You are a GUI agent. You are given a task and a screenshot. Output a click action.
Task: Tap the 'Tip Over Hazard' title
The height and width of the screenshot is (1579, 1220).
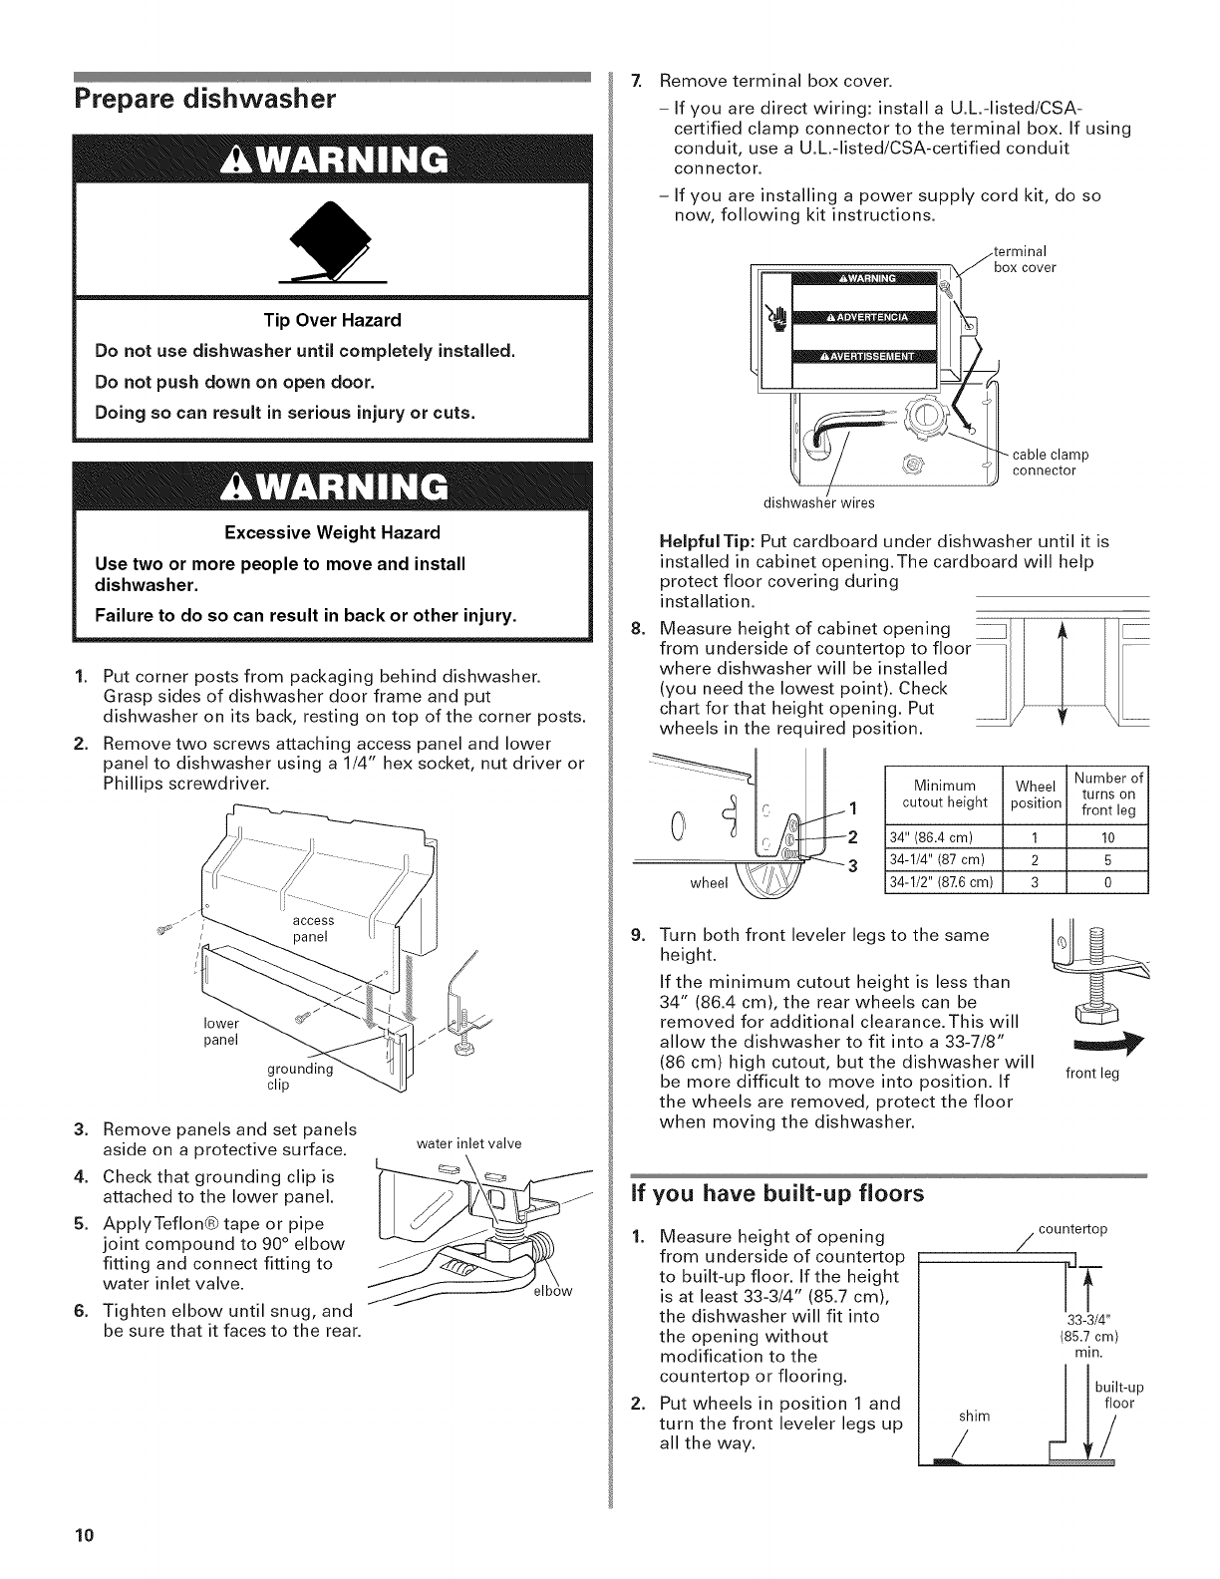(x=332, y=320)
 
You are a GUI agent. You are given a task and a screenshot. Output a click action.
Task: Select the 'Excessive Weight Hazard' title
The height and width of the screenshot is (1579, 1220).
(x=332, y=532)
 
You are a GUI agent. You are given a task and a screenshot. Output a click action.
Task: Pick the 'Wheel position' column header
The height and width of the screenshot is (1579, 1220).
(x=1035, y=794)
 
